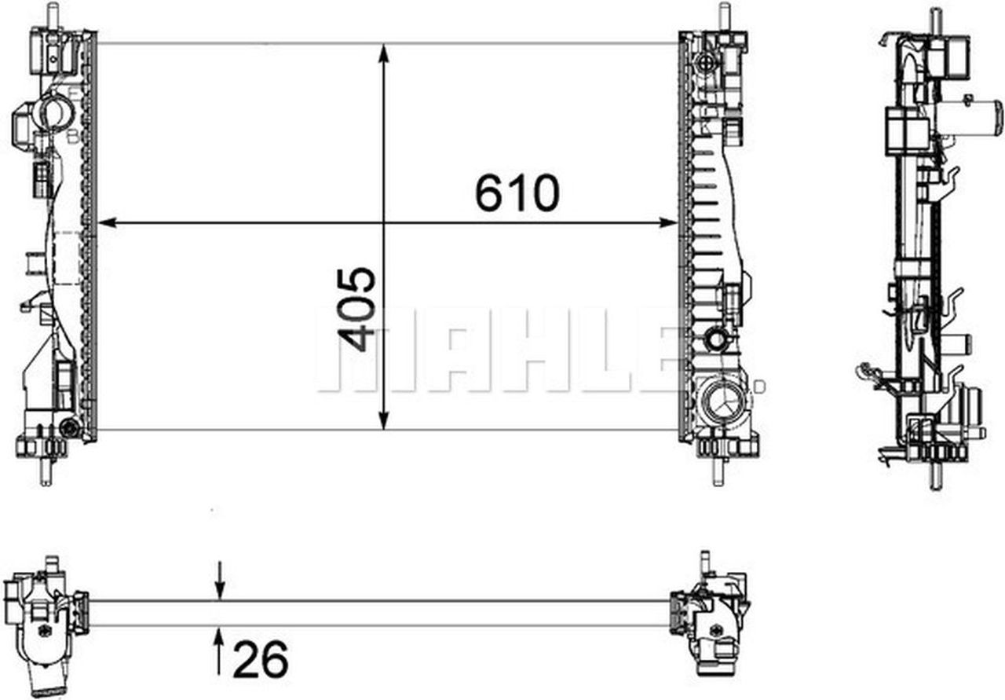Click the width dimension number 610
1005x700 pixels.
[x=517, y=193]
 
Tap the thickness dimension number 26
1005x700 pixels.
[x=261, y=658]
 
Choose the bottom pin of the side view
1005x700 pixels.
[x=935, y=475]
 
